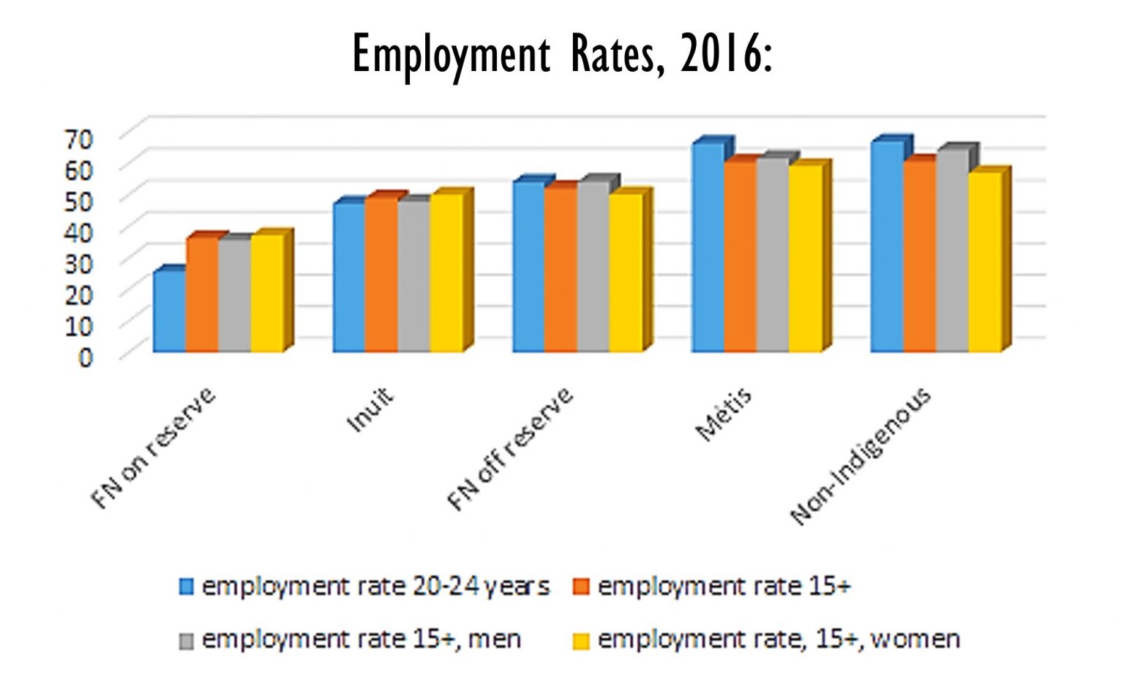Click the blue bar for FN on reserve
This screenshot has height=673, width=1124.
169,312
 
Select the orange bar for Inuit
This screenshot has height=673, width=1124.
381,275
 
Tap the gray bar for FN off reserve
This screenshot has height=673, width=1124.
593,267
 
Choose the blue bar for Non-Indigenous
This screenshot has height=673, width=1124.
887,247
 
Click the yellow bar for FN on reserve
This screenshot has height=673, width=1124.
267,293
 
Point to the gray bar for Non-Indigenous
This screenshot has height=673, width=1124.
952,251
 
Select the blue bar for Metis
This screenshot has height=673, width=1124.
708,248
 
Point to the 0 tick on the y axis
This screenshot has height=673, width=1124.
86,357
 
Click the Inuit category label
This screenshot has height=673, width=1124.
369,410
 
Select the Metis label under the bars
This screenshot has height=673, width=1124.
723,415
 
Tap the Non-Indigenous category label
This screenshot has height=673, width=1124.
861,456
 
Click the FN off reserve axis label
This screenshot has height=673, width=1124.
510,449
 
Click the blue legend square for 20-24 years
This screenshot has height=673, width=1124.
187,587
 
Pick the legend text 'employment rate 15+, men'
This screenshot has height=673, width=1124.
361,640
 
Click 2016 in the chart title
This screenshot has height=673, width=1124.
719,54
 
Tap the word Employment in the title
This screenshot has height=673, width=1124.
450,54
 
